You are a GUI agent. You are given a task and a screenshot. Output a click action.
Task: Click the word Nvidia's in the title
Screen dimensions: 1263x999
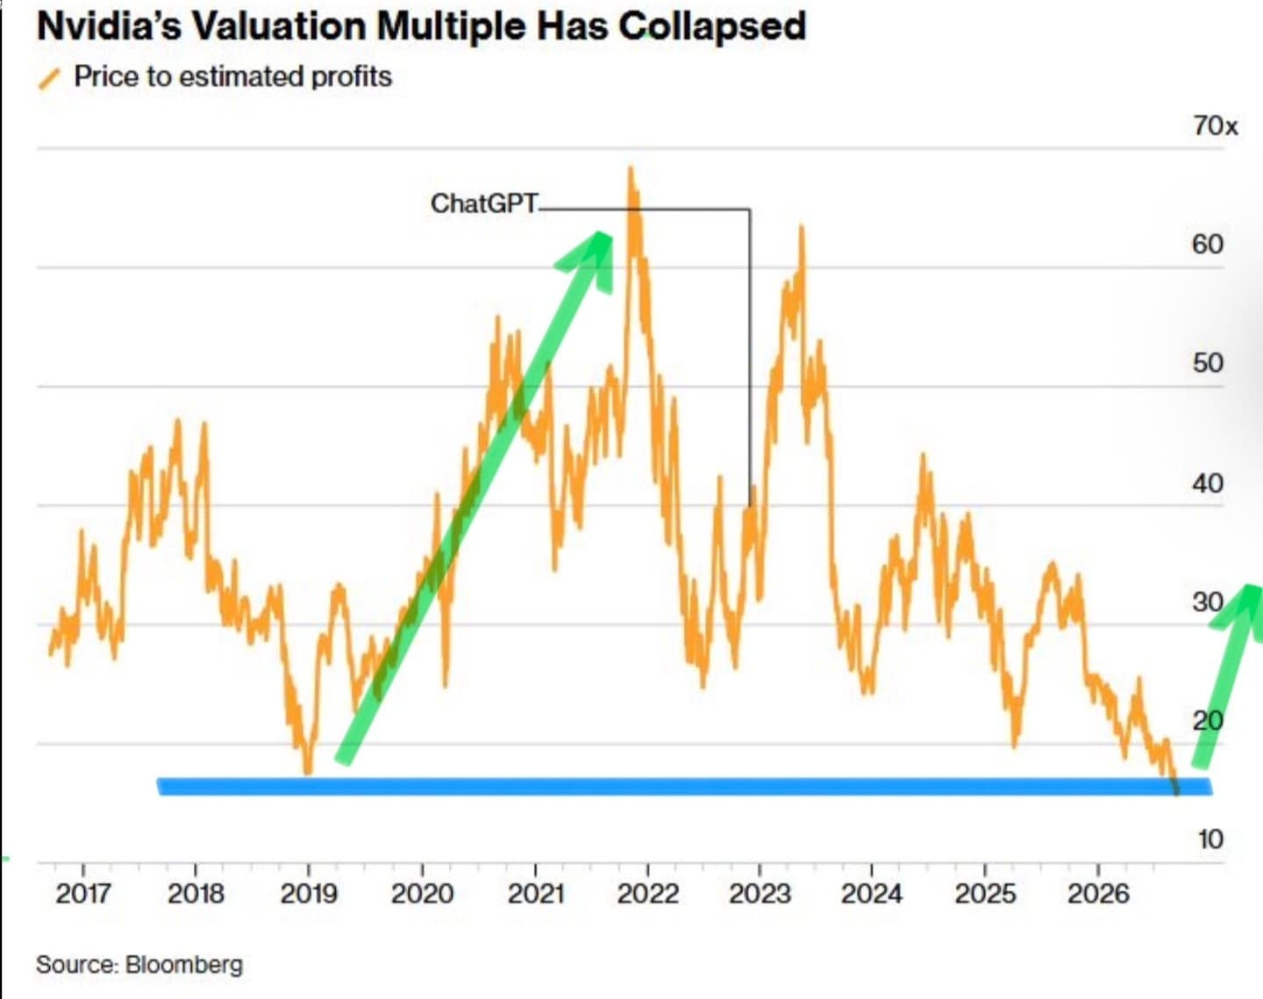coord(109,26)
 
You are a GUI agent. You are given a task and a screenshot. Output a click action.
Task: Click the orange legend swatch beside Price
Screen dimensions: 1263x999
coord(49,79)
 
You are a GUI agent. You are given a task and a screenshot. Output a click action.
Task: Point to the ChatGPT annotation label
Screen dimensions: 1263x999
coord(483,203)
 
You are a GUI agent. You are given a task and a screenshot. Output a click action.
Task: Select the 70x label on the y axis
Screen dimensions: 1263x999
coord(1215,125)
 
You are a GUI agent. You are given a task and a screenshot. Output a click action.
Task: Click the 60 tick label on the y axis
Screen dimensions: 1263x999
coord(1207,244)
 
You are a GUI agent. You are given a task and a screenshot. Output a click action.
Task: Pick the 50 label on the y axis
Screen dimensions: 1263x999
coord(1207,363)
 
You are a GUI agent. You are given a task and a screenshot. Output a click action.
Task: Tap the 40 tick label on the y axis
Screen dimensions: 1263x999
coord(1207,483)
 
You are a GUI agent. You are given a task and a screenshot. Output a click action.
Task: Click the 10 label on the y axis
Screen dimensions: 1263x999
coord(1210,839)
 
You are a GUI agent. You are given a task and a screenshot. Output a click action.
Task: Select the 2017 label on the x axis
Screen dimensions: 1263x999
coord(82,894)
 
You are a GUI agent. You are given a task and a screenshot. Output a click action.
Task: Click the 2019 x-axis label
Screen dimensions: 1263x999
coord(309,894)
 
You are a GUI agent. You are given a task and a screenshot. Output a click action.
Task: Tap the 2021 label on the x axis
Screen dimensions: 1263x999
coord(535,894)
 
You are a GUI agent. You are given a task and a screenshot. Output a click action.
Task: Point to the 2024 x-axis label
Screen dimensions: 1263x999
coord(872,894)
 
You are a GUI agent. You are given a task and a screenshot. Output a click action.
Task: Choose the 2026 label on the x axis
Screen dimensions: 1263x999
coord(1098,894)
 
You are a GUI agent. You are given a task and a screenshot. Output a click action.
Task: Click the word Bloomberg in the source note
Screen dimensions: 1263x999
coord(183,965)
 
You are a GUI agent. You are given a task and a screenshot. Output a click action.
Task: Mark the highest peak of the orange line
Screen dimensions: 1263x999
coord(631,168)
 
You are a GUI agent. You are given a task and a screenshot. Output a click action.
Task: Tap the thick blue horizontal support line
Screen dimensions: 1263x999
coord(685,787)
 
